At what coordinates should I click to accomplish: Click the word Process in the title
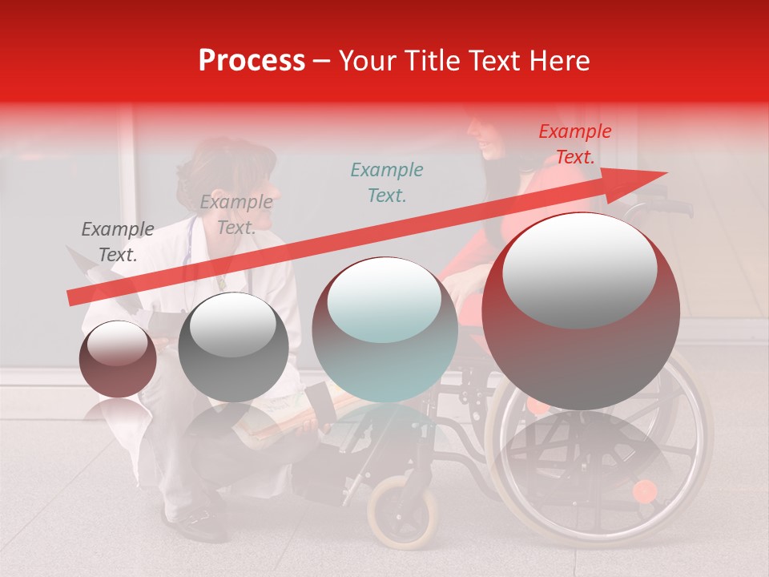pyautogui.click(x=252, y=61)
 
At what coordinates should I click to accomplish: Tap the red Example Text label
pyautogui.click(x=574, y=144)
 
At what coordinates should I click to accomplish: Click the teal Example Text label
pyautogui.click(x=387, y=183)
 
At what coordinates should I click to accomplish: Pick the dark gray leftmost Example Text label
pyautogui.click(x=118, y=242)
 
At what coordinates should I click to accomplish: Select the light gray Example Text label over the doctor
pyautogui.click(x=236, y=215)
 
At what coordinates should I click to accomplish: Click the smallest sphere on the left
pyautogui.click(x=118, y=359)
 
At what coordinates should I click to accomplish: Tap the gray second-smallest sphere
pyautogui.click(x=233, y=346)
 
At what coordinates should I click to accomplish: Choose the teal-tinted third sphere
pyautogui.click(x=384, y=329)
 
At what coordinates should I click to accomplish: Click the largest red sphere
pyautogui.click(x=581, y=311)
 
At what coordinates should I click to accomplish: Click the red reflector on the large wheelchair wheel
pyautogui.click(x=644, y=490)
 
